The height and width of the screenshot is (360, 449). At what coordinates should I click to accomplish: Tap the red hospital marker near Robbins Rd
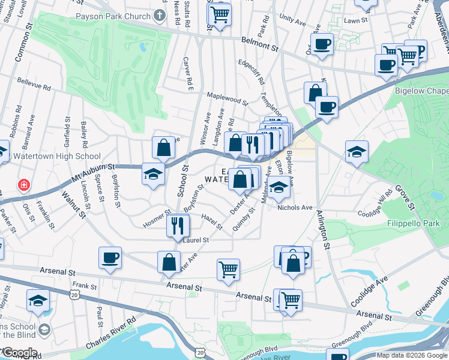click(x=23, y=185)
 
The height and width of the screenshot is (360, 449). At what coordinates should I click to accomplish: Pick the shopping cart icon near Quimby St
click(x=228, y=269)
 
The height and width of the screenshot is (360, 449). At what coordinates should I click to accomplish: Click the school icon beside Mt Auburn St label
click(x=153, y=174)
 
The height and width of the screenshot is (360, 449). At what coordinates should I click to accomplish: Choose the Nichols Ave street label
click(x=295, y=208)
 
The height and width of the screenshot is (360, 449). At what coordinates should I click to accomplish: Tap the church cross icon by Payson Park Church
click(x=160, y=14)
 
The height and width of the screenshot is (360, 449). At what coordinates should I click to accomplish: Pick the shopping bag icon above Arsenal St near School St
click(x=169, y=262)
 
